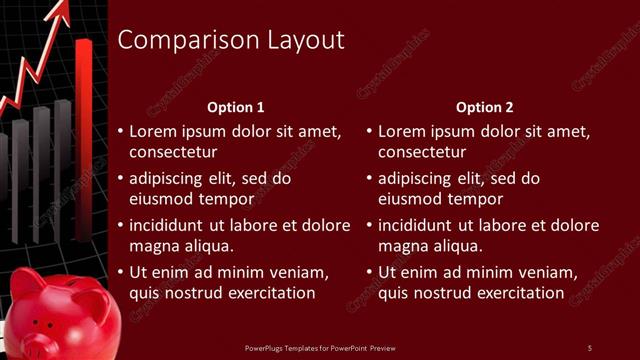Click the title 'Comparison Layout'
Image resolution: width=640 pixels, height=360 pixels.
(231, 40)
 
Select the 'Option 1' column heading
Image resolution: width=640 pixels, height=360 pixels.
(236, 106)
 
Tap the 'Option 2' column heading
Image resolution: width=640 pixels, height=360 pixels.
(485, 106)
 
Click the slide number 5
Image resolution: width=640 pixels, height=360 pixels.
(589, 347)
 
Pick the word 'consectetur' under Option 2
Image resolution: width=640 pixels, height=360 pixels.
(422, 152)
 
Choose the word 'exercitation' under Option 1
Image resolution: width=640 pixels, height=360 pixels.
(269, 292)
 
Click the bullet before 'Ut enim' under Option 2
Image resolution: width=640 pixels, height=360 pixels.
(369, 272)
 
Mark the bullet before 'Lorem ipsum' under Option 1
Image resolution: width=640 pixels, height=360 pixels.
(120, 131)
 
